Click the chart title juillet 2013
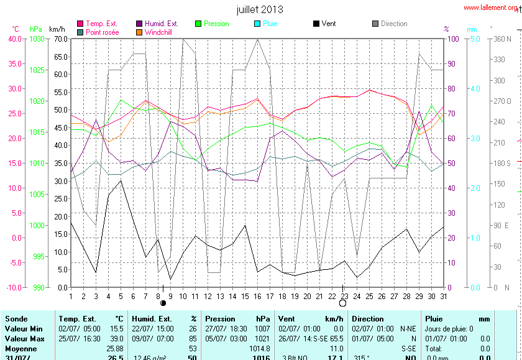tap(260, 9)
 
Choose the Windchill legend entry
tap(160, 32)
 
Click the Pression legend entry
tap(216, 24)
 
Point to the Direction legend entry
tap(394, 24)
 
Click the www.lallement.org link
tap(490, 8)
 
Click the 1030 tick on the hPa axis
tap(37, 39)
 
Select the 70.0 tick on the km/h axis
tap(60, 39)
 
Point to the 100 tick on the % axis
tap(453, 39)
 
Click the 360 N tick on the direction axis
tap(501, 39)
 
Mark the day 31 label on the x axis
tap(443, 296)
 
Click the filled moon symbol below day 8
tap(163, 303)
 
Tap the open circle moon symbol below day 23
tap(342, 303)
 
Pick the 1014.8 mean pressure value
tap(259, 349)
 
